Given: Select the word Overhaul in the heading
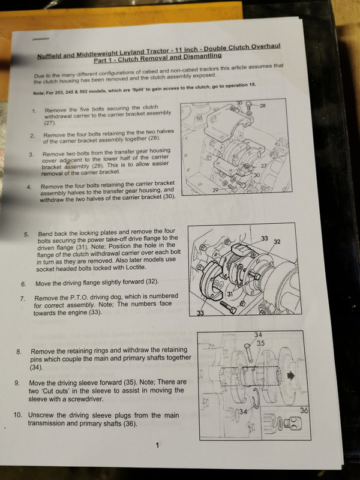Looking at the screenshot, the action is pyautogui.click(x=266, y=47).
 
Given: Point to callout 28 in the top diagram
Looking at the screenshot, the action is pyautogui.click(x=262, y=106).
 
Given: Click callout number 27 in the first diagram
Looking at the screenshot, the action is pyautogui.click(x=263, y=166).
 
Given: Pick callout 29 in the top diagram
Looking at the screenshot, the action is pyautogui.click(x=215, y=190).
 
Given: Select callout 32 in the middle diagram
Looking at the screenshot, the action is pyautogui.click(x=277, y=242).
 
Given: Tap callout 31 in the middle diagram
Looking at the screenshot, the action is pyautogui.click(x=230, y=294).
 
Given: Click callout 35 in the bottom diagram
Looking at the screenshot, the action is pyautogui.click(x=260, y=343).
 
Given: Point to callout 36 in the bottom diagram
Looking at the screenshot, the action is pyautogui.click(x=304, y=410).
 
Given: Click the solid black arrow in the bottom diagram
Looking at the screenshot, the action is pyautogui.click(x=291, y=376).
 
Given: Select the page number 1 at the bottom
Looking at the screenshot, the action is pyautogui.click(x=157, y=445).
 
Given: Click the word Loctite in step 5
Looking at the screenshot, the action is pyautogui.click(x=136, y=267).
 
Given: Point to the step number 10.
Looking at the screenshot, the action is pyautogui.click(x=18, y=415).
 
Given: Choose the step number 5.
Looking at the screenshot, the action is pyautogui.click(x=26, y=235).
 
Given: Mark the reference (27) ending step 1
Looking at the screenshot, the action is pyautogui.click(x=50, y=123).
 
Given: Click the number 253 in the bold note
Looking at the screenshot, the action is pyautogui.click(x=59, y=92).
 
